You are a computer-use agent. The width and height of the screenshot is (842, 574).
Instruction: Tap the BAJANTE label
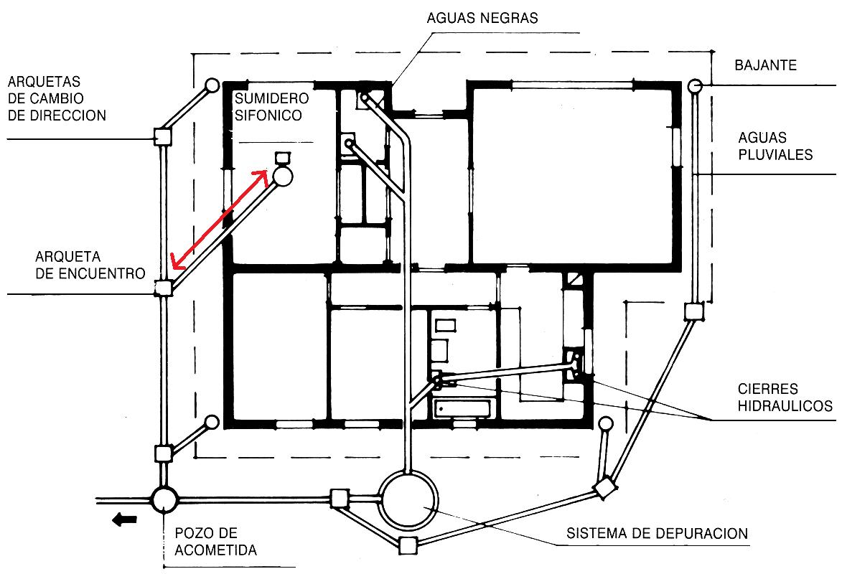[x=765, y=65]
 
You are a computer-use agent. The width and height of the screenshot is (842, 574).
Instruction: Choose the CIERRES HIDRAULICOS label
[x=785, y=397]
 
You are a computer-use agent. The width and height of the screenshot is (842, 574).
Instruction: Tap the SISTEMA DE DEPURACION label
[x=657, y=534]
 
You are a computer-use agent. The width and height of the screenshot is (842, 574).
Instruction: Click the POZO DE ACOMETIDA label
[x=215, y=542]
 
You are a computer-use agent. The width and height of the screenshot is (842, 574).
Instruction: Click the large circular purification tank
[x=409, y=499]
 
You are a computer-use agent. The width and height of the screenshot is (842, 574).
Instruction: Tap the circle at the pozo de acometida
[x=164, y=499]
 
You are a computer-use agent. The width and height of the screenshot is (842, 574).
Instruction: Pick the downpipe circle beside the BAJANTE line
[x=695, y=86]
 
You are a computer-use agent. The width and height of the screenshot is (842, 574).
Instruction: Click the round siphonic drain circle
[x=281, y=177]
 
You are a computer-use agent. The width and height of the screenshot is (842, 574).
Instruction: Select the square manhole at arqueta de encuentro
[x=164, y=288]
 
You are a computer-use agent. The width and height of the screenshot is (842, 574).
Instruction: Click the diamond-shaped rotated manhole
[x=607, y=488]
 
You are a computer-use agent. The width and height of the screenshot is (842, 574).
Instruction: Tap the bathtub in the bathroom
[x=464, y=410]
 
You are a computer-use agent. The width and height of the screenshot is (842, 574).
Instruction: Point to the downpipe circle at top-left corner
[x=212, y=85]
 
